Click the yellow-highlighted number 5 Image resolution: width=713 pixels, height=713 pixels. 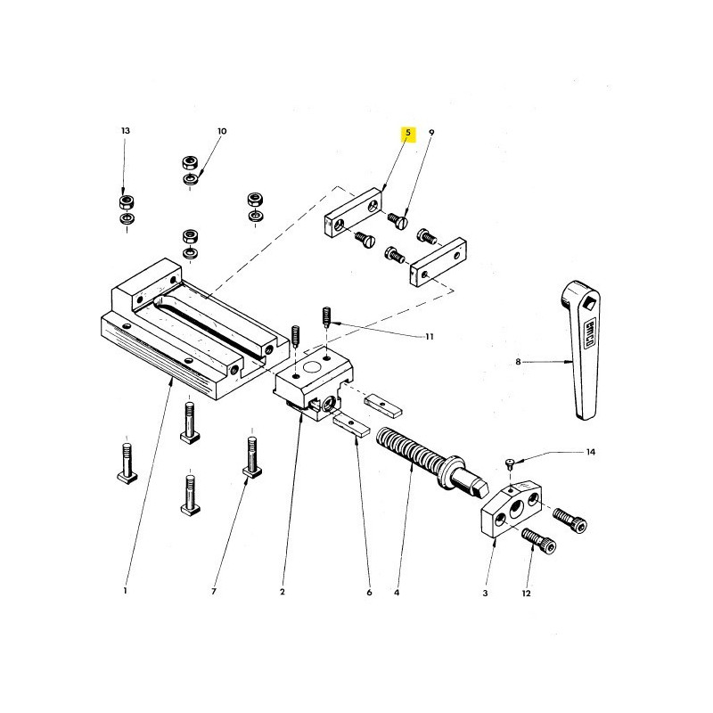click(408, 133)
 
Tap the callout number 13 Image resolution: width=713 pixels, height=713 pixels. click(126, 130)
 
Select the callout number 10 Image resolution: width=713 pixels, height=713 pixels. click(222, 131)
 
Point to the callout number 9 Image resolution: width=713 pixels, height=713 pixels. click(431, 132)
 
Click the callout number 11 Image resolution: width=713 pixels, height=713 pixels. click(430, 337)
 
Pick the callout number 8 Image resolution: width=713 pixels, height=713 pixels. click(518, 362)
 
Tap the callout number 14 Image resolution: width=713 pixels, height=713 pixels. click(590, 452)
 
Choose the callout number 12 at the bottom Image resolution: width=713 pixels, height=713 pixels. click(526, 594)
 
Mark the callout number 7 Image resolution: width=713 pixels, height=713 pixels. click(214, 592)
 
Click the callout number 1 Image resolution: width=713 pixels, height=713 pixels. click(125, 591)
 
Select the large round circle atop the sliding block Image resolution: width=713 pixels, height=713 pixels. click(311, 366)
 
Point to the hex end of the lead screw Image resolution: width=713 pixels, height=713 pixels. click(479, 488)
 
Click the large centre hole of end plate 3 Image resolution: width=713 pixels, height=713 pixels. click(518, 509)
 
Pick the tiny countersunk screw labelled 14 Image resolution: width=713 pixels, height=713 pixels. click(511, 463)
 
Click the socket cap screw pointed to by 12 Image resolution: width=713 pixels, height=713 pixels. click(539, 540)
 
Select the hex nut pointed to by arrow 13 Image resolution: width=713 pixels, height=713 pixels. click(127, 201)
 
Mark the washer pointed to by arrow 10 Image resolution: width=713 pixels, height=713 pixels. click(191, 179)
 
